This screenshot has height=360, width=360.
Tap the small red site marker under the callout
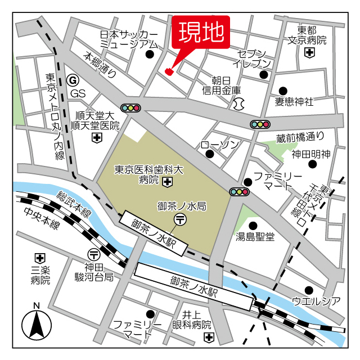(169, 71)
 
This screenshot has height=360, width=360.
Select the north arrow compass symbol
(36, 325)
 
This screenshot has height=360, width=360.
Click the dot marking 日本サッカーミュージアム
(150, 55)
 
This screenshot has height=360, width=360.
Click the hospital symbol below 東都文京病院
(309, 53)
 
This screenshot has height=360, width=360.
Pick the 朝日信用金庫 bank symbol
(238, 103)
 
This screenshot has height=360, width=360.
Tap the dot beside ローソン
(210, 154)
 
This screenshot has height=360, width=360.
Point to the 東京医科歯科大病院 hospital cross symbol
(167, 181)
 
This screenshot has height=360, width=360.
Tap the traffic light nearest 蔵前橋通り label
(260, 124)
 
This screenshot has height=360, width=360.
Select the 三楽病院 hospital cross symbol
(39, 258)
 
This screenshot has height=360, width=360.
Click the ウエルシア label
(316, 301)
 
